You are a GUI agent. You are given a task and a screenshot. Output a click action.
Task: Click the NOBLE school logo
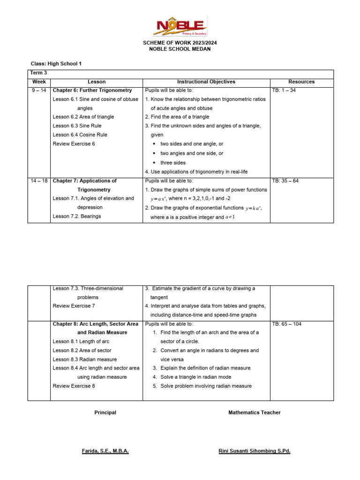[x=180, y=26]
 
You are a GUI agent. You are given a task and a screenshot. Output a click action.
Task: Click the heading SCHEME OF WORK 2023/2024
[x=180, y=43]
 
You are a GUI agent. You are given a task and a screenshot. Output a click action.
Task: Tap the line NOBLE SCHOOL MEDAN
[x=180, y=49]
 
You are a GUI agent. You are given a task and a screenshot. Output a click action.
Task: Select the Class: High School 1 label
[x=56, y=63]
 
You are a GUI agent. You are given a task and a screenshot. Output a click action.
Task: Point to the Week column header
[x=39, y=82]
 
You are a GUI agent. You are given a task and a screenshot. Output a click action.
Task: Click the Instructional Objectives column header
[x=206, y=82]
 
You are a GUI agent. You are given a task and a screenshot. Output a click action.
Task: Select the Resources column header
[x=301, y=82]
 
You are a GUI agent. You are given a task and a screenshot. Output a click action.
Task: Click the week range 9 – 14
[x=39, y=90]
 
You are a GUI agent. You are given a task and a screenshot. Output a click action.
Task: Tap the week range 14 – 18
[x=39, y=180]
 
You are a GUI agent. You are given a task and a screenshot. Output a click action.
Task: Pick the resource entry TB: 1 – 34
[x=284, y=90]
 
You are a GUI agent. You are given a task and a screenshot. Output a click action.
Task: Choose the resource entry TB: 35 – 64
[x=285, y=180]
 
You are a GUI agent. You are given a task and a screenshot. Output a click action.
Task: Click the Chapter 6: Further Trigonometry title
[x=92, y=90]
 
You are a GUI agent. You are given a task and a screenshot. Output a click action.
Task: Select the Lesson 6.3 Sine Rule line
[x=77, y=126]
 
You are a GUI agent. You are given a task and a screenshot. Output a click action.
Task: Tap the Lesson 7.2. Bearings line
[x=77, y=216]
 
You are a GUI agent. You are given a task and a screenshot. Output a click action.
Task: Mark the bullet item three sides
[x=173, y=163]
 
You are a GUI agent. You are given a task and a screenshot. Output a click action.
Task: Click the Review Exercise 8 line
[x=74, y=386]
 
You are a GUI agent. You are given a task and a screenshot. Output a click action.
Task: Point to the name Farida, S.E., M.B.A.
[x=105, y=451]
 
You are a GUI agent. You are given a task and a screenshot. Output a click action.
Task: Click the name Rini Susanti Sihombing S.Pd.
[x=255, y=451]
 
